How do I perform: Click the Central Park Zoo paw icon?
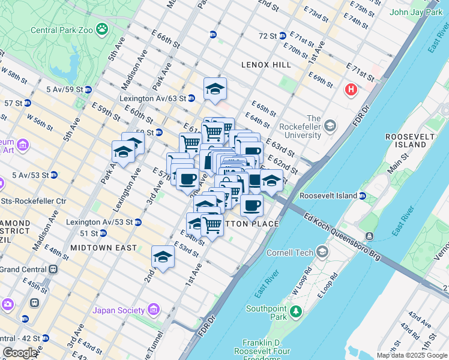coord(103,28)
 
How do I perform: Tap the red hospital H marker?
coord(351,90)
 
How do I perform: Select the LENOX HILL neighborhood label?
coord(266,65)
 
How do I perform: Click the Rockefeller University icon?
coord(330,126)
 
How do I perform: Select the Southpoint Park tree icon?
coord(295,311)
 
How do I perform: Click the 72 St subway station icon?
coord(282,35)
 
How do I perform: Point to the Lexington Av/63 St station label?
coord(152,98)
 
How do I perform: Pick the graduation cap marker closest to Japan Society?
coord(163,257)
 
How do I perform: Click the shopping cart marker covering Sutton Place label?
coord(212,225)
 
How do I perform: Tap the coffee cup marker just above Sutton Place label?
coord(252,205)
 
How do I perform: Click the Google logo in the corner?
coord(20,353)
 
